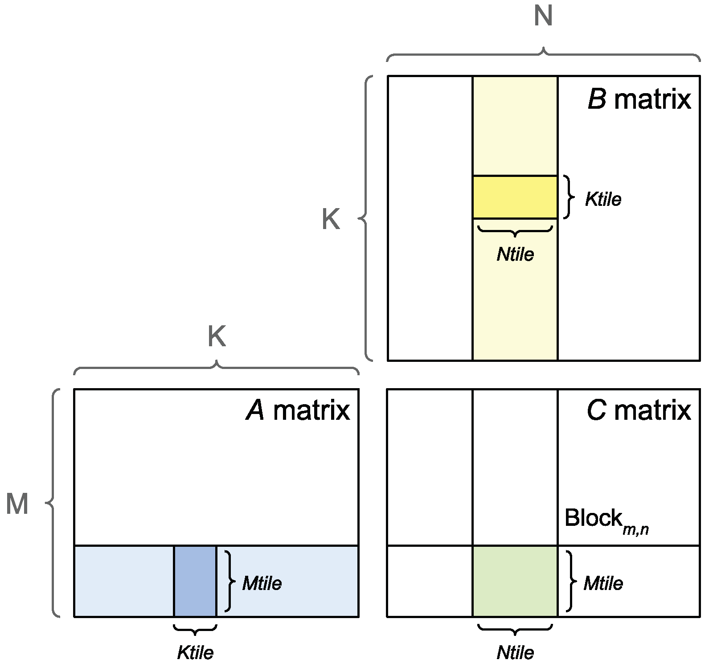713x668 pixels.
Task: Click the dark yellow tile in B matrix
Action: pos(515,197)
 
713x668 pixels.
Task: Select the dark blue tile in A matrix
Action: pos(195,581)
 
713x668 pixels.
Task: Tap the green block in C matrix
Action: pos(515,581)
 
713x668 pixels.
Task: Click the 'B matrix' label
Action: pos(639,99)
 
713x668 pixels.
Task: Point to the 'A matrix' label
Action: pos(298,410)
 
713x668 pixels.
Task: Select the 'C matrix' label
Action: pos(639,410)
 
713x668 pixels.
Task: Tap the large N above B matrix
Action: pos(543,17)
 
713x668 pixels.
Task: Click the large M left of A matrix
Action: pos(17,504)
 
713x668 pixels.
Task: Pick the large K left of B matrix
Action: pos(331,220)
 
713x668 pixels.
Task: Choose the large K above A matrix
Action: pos(217,337)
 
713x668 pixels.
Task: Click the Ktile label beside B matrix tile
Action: pos(603,199)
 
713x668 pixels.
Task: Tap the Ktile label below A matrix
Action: pos(195,653)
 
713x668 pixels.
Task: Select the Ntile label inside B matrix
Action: pos(515,254)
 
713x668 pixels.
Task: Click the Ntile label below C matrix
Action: pos(515,653)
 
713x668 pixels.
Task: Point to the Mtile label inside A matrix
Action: pos(262,583)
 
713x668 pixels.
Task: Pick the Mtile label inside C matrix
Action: pos(603,583)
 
